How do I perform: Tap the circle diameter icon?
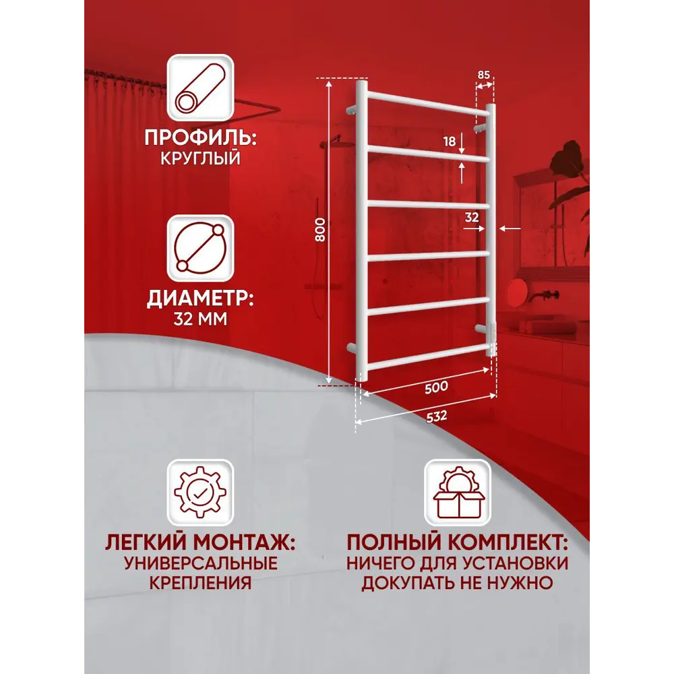pyautogui.click(x=200, y=248)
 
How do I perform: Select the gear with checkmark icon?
pyautogui.click(x=200, y=493)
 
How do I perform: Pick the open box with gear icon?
pyautogui.click(x=458, y=493)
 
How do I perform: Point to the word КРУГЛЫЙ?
pyautogui.click(x=200, y=158)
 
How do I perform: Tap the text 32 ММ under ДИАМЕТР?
pyautogui.click(x=200, y=319)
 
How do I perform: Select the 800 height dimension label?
pyautogui.click(x=320, y=230)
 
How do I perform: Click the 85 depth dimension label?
pyautogui.click(x=483, y=75)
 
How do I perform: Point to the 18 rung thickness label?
pyautogui.click(x=449, y=141)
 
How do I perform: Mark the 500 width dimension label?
pyautogui.click(x=436, y=388)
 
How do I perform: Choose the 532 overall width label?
pyautogui.click(x=436, y=417)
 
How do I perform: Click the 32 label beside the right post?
pyautogui.click(x=472, y=218)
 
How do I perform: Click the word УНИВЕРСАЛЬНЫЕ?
pyautogui.click(x=201, y=563)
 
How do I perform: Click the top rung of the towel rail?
pyautogui.click(x=428, y=104)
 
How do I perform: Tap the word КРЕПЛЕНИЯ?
pyautogui.click(x=200, y=583)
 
